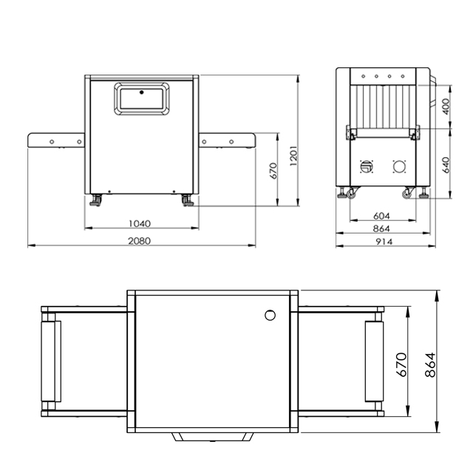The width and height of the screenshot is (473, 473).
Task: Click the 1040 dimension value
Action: point(140,223)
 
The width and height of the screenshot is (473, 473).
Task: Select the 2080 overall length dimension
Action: point(140,241)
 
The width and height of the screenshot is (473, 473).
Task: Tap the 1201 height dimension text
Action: point(293,156)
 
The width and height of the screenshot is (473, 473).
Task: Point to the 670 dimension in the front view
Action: point(273,171)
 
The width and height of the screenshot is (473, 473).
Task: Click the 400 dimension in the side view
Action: point(446,106)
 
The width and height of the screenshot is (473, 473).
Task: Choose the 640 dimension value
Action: point(446,165)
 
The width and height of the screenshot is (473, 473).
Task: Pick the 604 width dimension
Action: point(381,216)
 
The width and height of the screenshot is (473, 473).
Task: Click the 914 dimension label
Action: point(384,242)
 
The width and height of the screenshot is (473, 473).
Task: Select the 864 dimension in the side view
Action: point(381,228)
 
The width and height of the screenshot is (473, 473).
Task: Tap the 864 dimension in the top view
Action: point(430,364)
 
